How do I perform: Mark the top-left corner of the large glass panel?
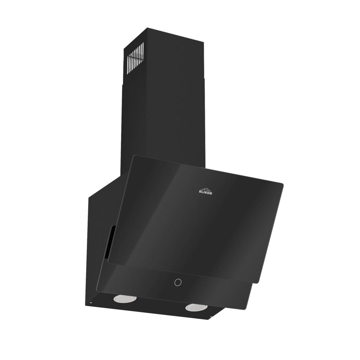tap(134, 156)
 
